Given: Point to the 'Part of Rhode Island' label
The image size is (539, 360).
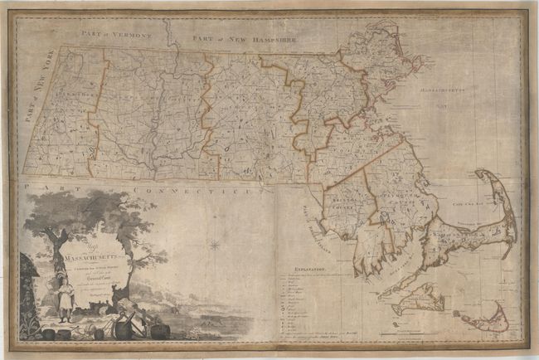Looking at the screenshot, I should (x=309, y=217).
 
